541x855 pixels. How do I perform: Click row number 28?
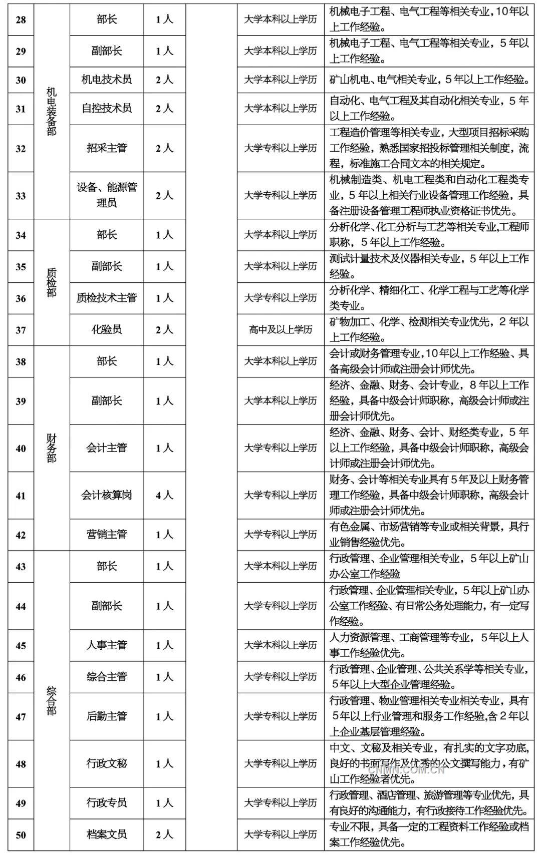click(x=21, y=20)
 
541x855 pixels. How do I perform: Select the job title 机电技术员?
click(x=107, y=80)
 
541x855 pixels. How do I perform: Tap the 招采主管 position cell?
click(x=107, y=148)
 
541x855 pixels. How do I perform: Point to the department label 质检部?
click(x=51, y=282)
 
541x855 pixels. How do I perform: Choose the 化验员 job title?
click(x=107, y=329)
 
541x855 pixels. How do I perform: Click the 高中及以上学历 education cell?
click(x=281, y=329)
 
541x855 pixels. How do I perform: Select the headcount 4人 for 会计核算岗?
click(x=164, y=496)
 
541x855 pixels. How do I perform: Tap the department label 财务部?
click(x=51, y=449)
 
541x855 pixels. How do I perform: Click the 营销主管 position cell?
click(x=107, y=535)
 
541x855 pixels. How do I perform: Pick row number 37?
click(x=21, y=330)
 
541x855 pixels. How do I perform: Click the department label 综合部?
click(x=51, y=701)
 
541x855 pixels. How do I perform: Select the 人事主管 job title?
click(x=107, y=645)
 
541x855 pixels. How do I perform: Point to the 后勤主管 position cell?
click(x=107, y=716)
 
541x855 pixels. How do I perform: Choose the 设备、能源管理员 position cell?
click(x=107, y=195)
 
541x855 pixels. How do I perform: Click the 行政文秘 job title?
click(x=107, y=763)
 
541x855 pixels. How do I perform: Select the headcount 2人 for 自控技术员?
click(x=164, y=109)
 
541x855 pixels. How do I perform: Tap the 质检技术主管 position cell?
click(x=107, y=298)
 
